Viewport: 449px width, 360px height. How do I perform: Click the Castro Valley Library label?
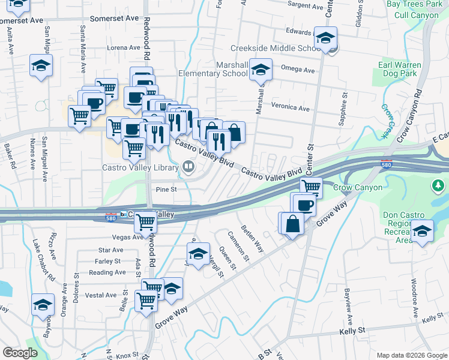(141, 167)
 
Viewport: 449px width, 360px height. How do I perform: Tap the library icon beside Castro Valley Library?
(190, 166)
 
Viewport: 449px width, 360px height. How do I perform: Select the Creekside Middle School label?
(276, 48)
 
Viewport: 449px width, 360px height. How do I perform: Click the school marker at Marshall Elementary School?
(261, 70)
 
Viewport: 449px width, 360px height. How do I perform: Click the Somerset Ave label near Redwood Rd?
(114, 19)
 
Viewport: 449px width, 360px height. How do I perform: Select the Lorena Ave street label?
(123, 47)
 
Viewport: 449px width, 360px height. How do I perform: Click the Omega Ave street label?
(298, 70)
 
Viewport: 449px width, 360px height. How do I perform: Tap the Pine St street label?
(166, 189)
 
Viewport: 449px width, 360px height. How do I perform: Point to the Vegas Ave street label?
(128, 237)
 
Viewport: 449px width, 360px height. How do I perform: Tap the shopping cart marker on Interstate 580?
(146, 223)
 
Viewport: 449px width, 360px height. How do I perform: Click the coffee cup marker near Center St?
(304, 205)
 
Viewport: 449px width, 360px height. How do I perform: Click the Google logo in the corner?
(20, 353)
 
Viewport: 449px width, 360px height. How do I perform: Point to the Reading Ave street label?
(107, 272)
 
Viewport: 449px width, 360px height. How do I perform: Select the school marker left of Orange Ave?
(43, 305)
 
